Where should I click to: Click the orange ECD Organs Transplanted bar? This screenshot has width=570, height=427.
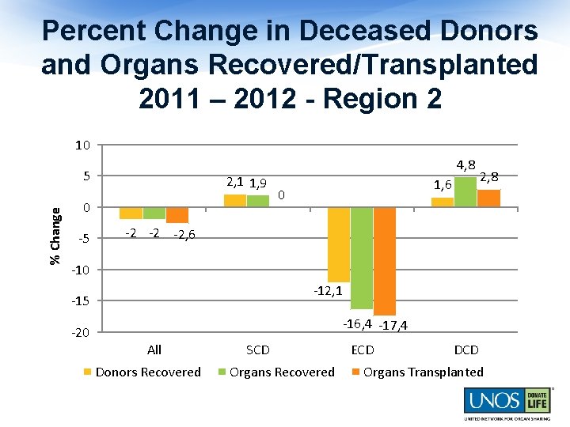pyautogui.click(x=385, y=261)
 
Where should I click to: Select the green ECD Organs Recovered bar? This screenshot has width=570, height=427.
pyautogui.click(x=362, y=258)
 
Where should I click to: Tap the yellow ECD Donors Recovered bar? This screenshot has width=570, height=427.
pyautogui.click(x=339, y=244)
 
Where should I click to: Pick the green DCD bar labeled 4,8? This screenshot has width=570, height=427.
pyautogui.click(x=465, y=192)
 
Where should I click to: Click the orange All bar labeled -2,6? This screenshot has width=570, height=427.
pyautogui.click(x=177, y=215)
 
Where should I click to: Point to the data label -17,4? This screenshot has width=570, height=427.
pyautogui.click(x=393, y=325)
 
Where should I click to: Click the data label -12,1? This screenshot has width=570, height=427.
pyautogui.click(x=327, y=291)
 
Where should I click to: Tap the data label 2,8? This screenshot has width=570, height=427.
pyautogui.click(x=489, y=176)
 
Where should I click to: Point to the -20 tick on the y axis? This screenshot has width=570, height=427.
pyautogui.click(x=81, y=333)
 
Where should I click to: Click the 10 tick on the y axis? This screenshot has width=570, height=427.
pyautogui.click(x=82, y=145)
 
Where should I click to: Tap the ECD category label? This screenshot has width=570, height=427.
pyautogui.click(x=363, y=350)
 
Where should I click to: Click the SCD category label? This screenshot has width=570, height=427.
pyautogui.click(x=258, y=350)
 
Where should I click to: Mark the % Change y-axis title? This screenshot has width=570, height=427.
pyautogui.click(x=55, y=236)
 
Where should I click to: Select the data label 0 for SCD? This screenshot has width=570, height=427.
pyautogui.click(x=281, y=195)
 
